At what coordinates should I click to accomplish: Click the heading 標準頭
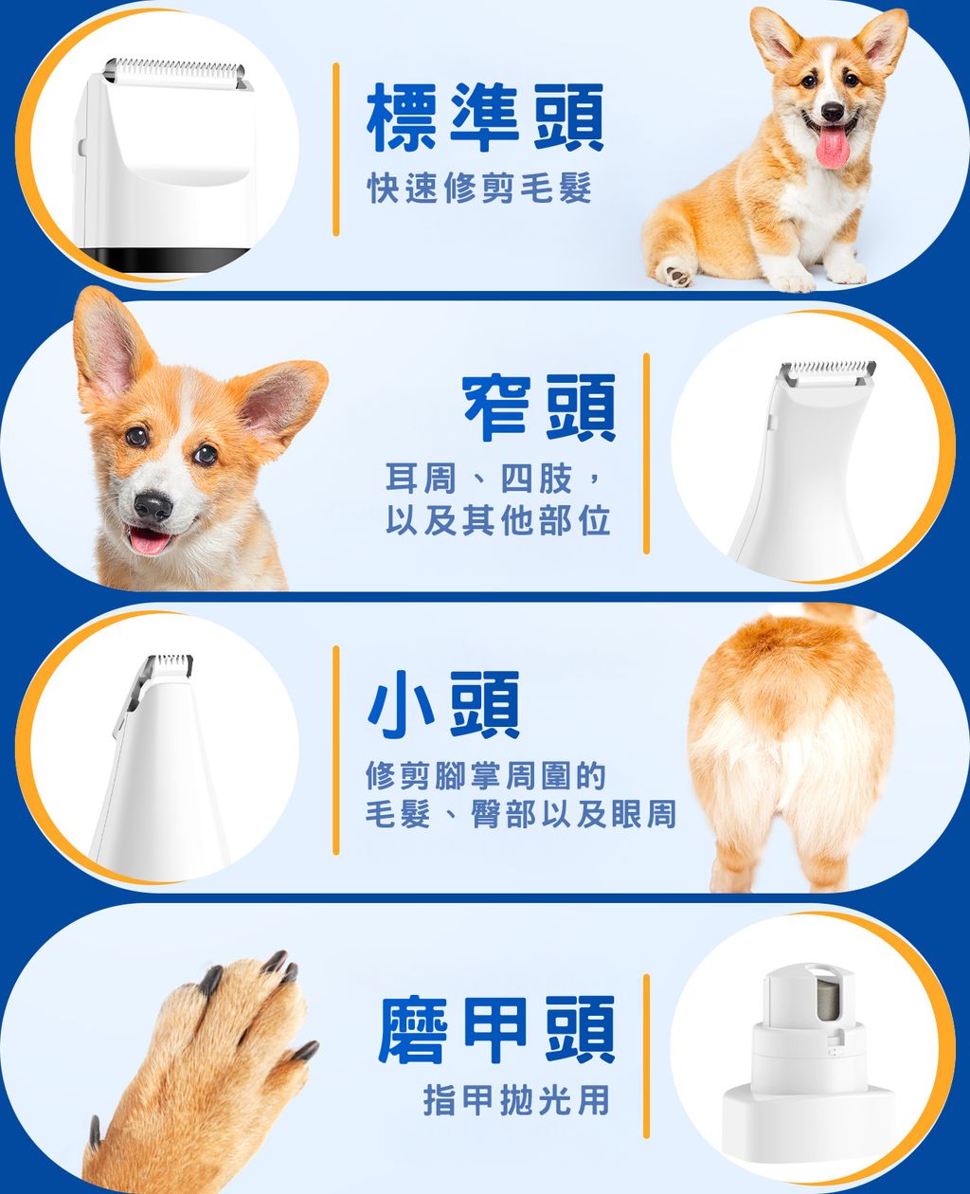[x=485, y=118]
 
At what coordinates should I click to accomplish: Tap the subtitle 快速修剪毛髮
[x=479, y=190]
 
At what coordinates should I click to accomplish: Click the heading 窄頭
[x=539, y=408]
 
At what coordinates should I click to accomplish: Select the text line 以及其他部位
[x=497, y=520]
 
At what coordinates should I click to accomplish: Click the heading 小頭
[x=444, y=706]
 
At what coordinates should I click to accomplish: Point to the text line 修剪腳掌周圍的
[x=485, y=777]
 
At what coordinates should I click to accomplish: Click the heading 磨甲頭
[x=496, y=1030]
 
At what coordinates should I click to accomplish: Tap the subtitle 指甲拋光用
[x=516, y=1100]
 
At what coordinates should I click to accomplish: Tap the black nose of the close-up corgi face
[x=153, y=506]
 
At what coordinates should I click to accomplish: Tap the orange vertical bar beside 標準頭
[x=335, y=149]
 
